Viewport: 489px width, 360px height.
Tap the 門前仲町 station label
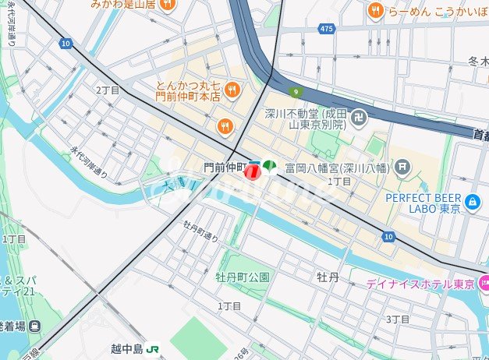225,167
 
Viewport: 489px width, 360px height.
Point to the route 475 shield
326,29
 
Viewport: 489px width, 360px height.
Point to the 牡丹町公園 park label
243,277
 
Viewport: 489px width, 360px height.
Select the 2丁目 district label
108,90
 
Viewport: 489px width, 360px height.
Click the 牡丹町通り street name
200,231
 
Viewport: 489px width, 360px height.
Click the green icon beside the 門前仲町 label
269,166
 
